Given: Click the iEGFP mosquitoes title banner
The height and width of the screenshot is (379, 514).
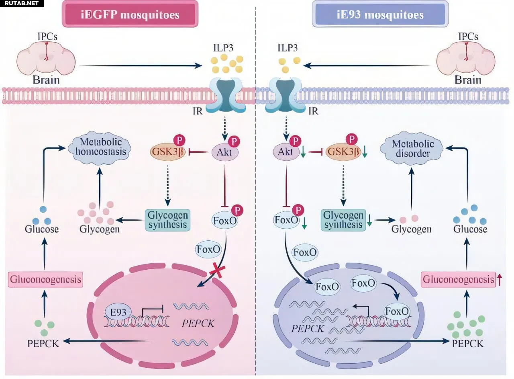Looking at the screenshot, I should point(130,15).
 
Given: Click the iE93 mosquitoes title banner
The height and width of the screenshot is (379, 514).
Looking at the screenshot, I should point(380,15).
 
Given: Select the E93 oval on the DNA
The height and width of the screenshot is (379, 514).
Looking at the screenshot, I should point(117,312).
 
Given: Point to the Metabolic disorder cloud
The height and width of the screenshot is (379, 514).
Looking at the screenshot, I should point(413,148).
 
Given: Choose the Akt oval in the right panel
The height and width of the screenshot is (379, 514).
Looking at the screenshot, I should point(285,152).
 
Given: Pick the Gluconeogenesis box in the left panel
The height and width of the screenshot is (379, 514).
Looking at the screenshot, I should point(46,279).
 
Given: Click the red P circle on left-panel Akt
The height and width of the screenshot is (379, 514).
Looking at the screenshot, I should point(234,142).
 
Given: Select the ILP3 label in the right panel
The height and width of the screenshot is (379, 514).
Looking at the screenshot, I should point(288,48).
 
